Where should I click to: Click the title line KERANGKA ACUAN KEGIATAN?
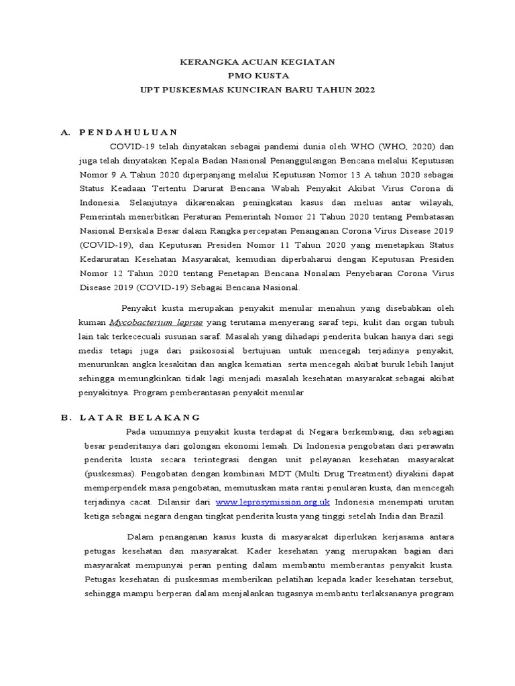coord(258,62)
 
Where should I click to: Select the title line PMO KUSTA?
coord(258,76)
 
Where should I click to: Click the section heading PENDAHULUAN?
coord(128,132)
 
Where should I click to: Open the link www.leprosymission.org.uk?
coord(273,502)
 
